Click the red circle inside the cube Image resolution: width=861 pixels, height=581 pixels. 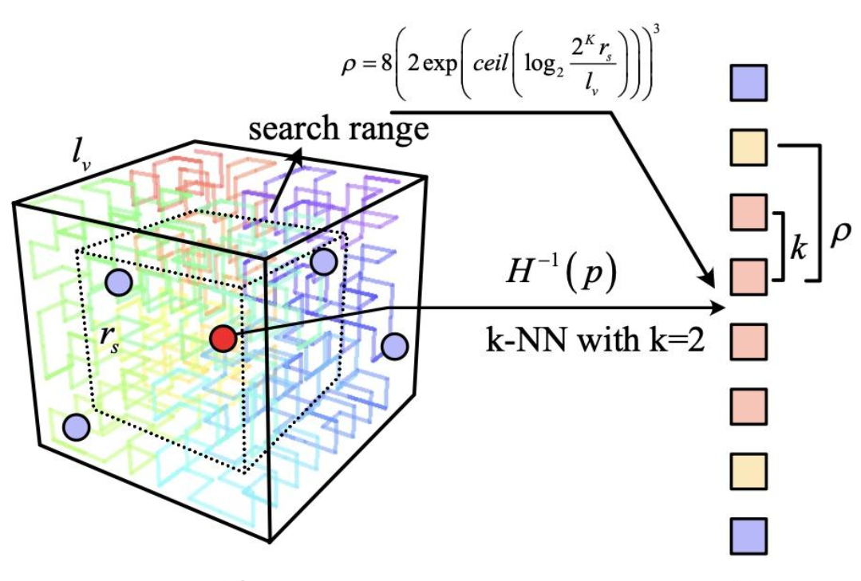click(x=224, y=340)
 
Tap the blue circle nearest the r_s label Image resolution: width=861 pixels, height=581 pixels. click(x=118, y=282)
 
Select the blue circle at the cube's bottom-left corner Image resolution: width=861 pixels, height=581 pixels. click(x=77, y=427)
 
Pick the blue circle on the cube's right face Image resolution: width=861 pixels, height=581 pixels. click(x=394, y=347)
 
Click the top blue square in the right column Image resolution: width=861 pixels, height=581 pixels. click(x=748, y=82)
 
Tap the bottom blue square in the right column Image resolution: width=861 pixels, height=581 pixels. click(x=748, y=534)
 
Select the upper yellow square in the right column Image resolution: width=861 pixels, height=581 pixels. click(x=748, y=147)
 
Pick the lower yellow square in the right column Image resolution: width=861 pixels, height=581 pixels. click(x=748, y=470)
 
